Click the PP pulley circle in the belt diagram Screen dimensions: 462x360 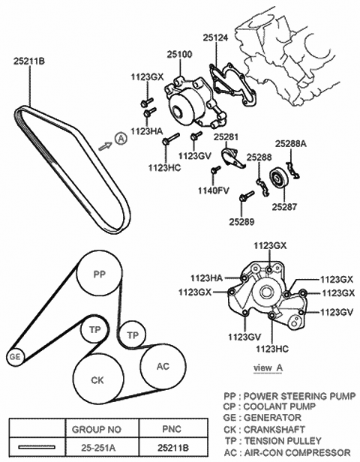tap(98, 275)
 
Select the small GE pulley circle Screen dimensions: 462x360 tap(13, 357)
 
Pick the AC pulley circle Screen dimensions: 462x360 tap(163, 366)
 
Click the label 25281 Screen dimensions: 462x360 tap(226, 137)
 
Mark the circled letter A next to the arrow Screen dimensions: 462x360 tap(120, 137)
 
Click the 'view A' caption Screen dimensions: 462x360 tap(268, 367)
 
